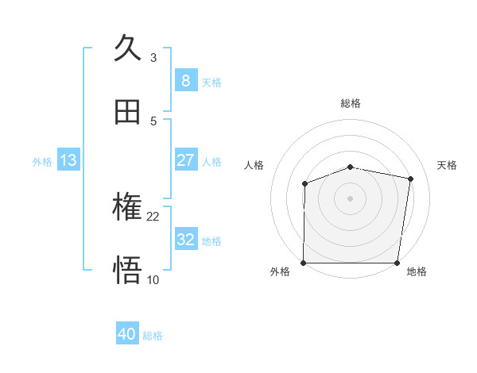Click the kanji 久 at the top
click(128, 49)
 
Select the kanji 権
click(128, 208)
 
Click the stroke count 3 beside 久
click(153, 58)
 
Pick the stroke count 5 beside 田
click(153, 121)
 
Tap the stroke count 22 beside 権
click(153, 216)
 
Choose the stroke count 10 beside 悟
click(153, 279)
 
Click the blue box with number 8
click(185, 81)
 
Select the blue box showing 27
click(185, 160)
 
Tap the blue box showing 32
click(185, 240)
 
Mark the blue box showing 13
click(68, 160)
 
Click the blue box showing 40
click(127, 335)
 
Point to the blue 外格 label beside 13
click(42, 162)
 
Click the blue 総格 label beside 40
click(153, 336)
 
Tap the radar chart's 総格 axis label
click(350, 103)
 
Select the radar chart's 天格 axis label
click(447, 165)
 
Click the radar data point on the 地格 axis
click(397, 263)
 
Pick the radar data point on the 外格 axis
click(303, 263)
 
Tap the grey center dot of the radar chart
click(350, 198)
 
